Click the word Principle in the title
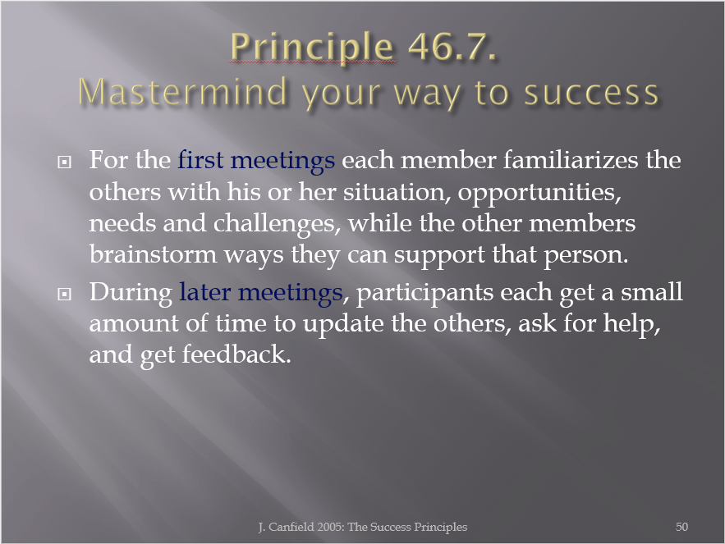312,47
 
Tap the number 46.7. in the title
452,46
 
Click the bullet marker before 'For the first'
64,162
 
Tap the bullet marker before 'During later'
64,294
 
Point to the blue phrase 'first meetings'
256,161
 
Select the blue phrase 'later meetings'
261,293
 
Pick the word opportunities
539,193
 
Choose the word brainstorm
153,254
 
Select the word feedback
236,354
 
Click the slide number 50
681,527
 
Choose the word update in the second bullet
343,324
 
